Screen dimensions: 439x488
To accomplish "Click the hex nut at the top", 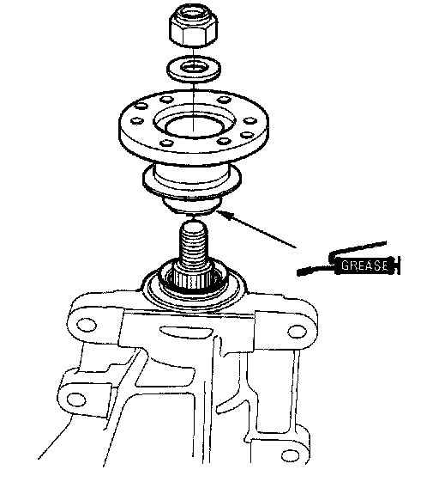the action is point(193,26).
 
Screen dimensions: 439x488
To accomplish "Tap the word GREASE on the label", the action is point(364,265).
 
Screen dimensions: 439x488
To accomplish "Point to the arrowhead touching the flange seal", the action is point(224,214).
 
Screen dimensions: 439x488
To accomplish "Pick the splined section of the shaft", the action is point(192,277).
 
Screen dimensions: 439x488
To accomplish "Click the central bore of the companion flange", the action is point(194,126).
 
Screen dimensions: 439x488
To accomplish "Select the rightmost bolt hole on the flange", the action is point(250,121).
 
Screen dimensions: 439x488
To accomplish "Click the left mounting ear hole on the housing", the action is point(86,326).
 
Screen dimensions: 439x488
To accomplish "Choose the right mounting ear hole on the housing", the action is point(298,332).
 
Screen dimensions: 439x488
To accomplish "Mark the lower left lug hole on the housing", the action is point(76,400).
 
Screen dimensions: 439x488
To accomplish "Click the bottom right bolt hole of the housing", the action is point(290,456).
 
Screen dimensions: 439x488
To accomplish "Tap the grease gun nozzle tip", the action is point(301,272).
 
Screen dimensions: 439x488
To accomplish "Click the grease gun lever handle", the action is point(358,248).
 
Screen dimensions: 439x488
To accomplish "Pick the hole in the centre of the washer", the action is point(194,67).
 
